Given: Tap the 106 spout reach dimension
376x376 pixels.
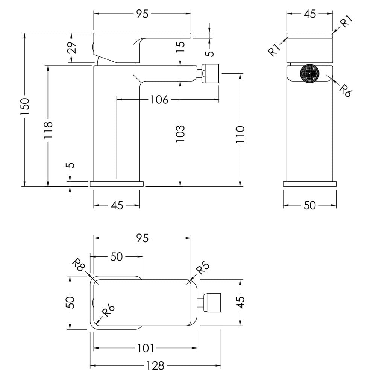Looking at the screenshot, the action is tap(159, 99).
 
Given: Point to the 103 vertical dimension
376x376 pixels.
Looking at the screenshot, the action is tap(180, 133).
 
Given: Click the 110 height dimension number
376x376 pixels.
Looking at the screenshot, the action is tap(240, 134).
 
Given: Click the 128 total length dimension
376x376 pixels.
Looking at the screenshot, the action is tap(155, 366).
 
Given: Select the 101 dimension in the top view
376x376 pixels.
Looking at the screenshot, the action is tap(146, 348).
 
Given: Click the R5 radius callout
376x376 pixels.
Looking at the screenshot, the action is tap(203, 268).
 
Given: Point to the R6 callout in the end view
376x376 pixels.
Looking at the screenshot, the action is tap(345, 90).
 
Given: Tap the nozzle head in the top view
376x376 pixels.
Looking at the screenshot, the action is tap(212, 302).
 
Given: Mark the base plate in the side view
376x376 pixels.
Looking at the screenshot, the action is tap(117, 184).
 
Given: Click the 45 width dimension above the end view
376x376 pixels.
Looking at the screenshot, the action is tap(310, 14).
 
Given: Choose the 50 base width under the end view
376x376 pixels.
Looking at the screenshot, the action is tap(309, 205).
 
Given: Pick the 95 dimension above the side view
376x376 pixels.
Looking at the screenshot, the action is tap(143, 14).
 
